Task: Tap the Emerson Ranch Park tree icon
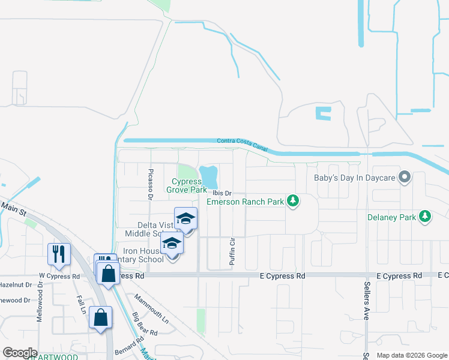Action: tap(293, 201)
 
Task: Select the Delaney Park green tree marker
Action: tap(425, 216)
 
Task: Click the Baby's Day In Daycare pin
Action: tap(405, 178)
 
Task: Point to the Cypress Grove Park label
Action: tap(190, 185)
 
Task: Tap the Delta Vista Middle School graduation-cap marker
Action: tap(185, 220)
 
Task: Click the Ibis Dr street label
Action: tap(221, 193)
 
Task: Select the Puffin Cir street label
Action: tap(232, 251)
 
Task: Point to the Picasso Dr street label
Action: tap(151, 184)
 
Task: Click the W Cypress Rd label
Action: tap(59, 277)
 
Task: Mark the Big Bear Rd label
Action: tap(145, 323)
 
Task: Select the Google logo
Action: tap(20, 353)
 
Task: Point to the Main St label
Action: tap(14, 208)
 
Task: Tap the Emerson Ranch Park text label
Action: tap(246, 202)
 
